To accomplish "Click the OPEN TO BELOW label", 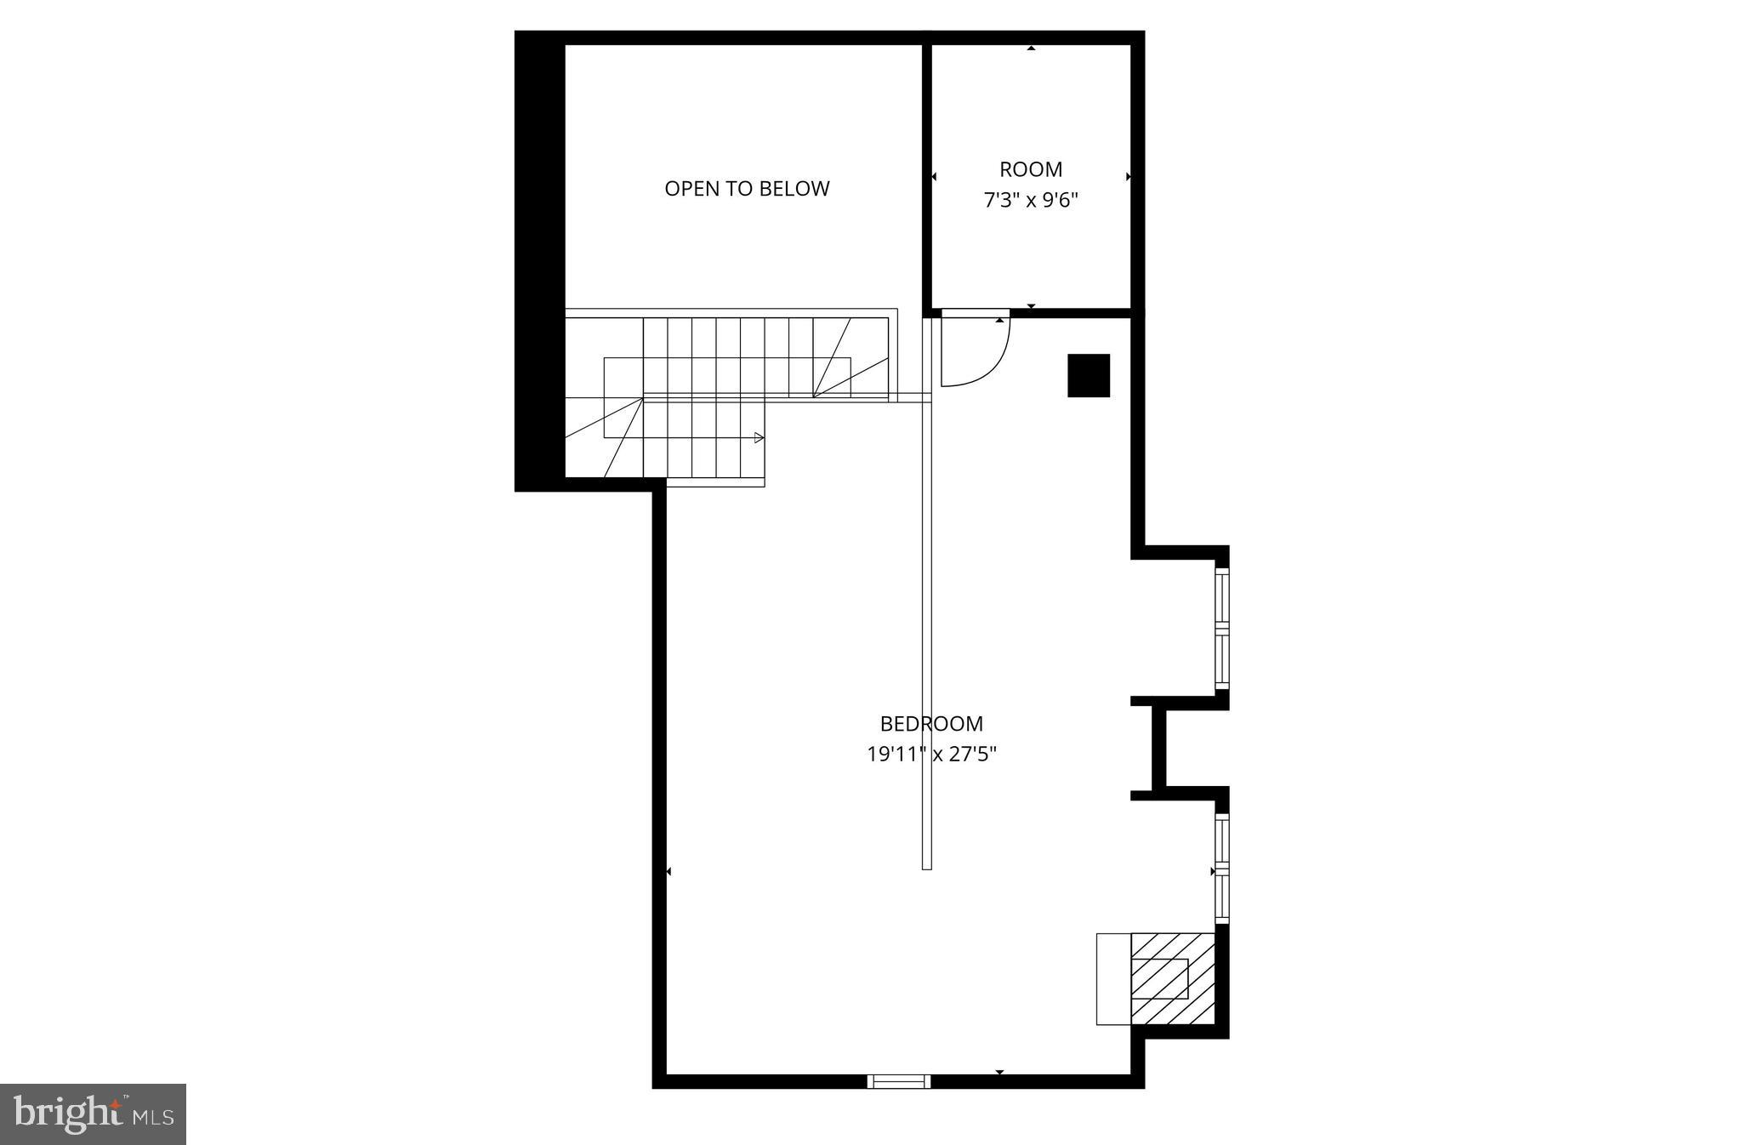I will point(747,189).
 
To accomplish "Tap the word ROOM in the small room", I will point(1031,169).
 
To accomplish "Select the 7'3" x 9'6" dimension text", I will point(1031,201).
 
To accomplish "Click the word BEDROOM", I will point(931,724).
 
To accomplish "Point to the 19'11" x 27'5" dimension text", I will point(931,754).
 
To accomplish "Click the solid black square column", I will point(1089,375).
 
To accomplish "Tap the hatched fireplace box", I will point(1172,978).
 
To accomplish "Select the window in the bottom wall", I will point(899,1081).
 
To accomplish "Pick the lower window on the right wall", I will point(1222,869).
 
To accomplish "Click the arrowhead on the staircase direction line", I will point(759,438).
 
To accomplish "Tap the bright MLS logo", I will point(93,1114).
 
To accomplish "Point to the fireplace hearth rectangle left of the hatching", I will point(1113,978).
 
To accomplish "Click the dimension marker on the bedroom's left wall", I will point(669,872).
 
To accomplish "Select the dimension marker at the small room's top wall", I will point(1031,48).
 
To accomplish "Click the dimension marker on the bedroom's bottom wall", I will point(999,1072).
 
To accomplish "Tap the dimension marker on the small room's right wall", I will point(1128,177).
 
